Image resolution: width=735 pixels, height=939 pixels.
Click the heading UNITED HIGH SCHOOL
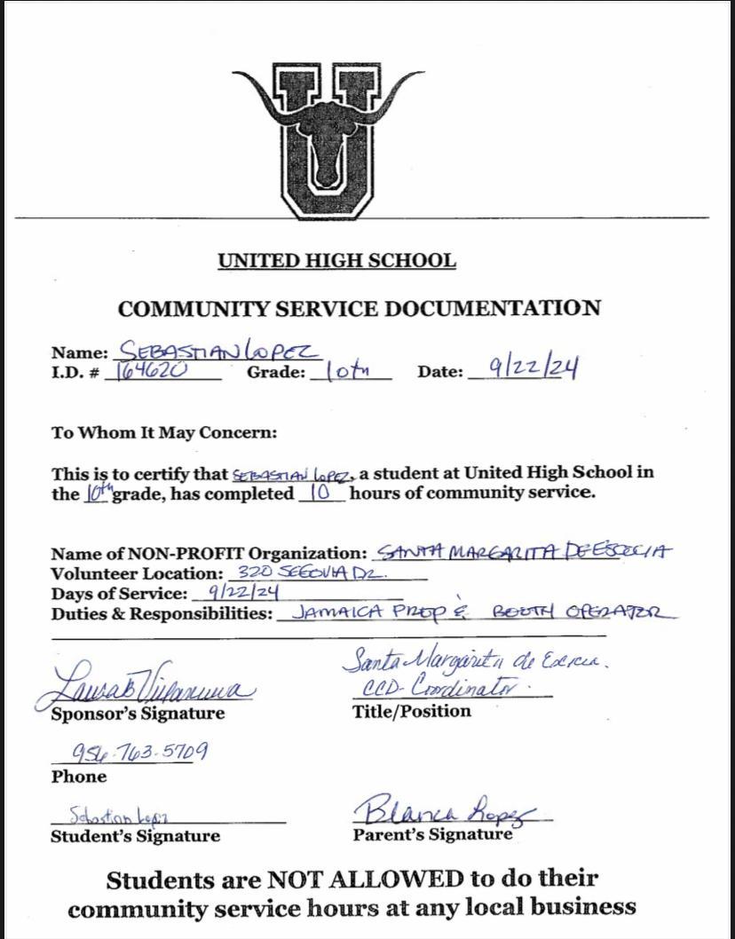point(336,261)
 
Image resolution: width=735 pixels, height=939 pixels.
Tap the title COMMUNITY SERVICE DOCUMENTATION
point(359,309)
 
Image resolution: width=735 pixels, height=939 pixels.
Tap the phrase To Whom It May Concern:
point(164,433)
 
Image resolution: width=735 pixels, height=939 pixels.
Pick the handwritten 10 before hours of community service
point(324,493)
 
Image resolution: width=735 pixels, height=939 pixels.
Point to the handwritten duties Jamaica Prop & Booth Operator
point(483,612)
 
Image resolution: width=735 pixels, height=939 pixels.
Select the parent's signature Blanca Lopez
point(449,810)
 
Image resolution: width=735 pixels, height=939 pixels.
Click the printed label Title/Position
point(411,711)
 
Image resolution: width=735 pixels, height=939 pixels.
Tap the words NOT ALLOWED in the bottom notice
point(366,880)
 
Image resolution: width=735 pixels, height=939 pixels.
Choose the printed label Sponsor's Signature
point(138,714)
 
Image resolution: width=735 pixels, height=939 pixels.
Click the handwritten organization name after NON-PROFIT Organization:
point(524,551)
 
